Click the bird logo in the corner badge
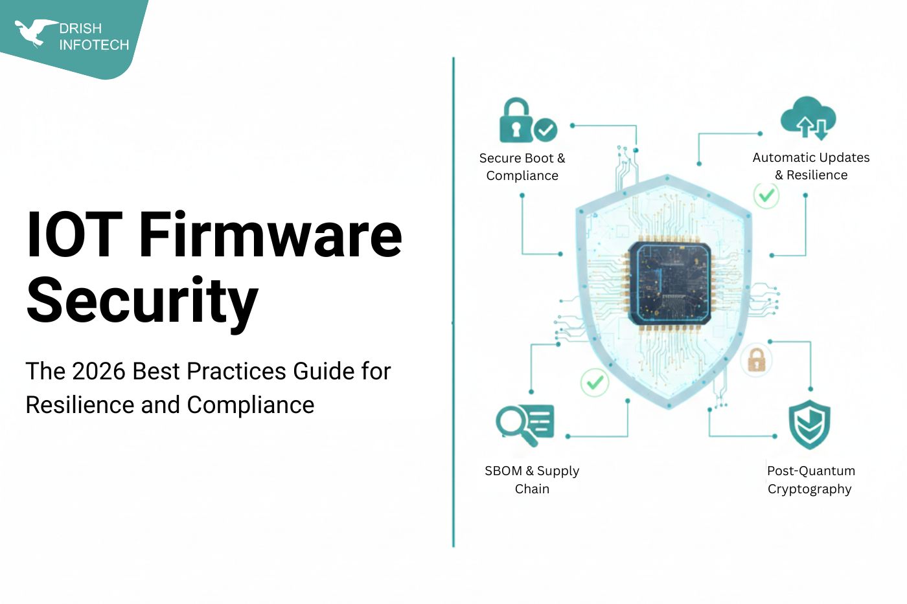[x=34, y=32]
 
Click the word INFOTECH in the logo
[x=94, y=45]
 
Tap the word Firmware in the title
[x=270, y=234]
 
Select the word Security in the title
[x=142, y=300]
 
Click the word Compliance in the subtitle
[x=250, y=405]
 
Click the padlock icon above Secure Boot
[x=516, y=121]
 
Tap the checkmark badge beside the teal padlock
[x=545, y=130]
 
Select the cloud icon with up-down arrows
[x=809, y=118]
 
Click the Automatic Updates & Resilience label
[x=811, y=166]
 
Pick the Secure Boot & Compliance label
[x=522, y=167]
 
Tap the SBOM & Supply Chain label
[x=532, y=480]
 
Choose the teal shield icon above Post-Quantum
[x=809, y=425]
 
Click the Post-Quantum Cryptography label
[x=810, y=480]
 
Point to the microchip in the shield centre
[x=669, y=284]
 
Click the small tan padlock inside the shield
[x=756, y=360]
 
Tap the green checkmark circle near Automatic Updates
[x=766, y=194]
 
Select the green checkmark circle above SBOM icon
[x=594, y=382]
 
